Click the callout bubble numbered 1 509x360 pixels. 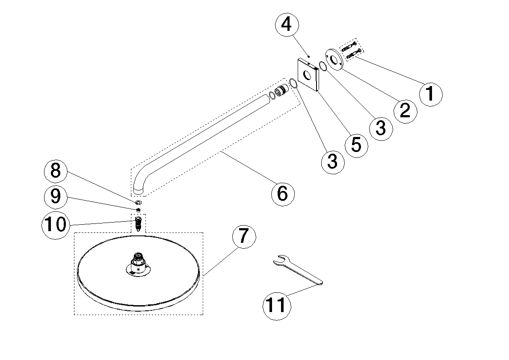click(430, 93)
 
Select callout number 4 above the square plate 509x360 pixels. click(286, 24)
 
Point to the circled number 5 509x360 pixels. click(356, 145)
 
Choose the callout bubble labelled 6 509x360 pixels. click(283, 193)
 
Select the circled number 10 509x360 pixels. click(56, 224)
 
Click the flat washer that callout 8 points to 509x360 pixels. click(139, 201)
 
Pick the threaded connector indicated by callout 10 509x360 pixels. click(138, 223)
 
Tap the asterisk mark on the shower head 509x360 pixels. click(138, 269)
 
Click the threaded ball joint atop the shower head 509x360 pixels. click(138, 259)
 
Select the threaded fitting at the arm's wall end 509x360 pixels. click(281, 91)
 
